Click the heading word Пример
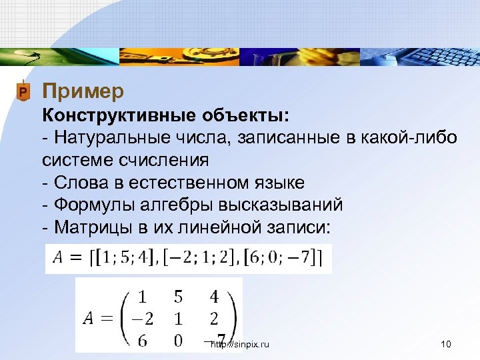tap(83, 90)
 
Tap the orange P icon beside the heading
tap(23, 91)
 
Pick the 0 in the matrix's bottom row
tap(177, 340)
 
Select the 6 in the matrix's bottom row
tap(142, 340)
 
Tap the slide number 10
tap(447, 345)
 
